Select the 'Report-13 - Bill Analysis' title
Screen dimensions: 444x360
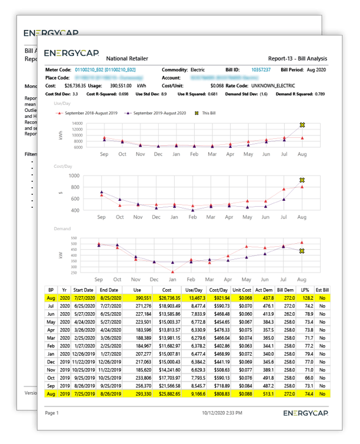pyautogui.click(x=296, y=58)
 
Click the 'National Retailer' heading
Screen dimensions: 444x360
pyautogui.click(x=126, y=58)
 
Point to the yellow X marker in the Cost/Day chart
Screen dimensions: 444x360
pyautogui.click(x=302, y=180)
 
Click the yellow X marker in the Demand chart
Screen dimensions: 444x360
pyautogui.click(x=302, y=251)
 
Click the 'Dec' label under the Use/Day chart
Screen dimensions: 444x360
pyautogui.click(x=158, y=154)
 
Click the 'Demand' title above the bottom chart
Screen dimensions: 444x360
pyautogui.click(x=62, y=228)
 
